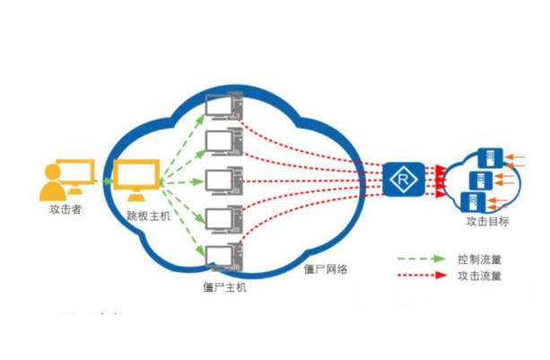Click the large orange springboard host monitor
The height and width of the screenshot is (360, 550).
(135, 178)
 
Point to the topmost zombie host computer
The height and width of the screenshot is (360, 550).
(223, 107)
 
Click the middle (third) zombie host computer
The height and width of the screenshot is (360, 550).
(223, 180)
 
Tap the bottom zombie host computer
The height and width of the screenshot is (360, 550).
(223, 257)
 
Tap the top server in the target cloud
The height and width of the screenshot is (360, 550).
(490, 158)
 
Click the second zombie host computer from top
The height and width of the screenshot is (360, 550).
(223, 143)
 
